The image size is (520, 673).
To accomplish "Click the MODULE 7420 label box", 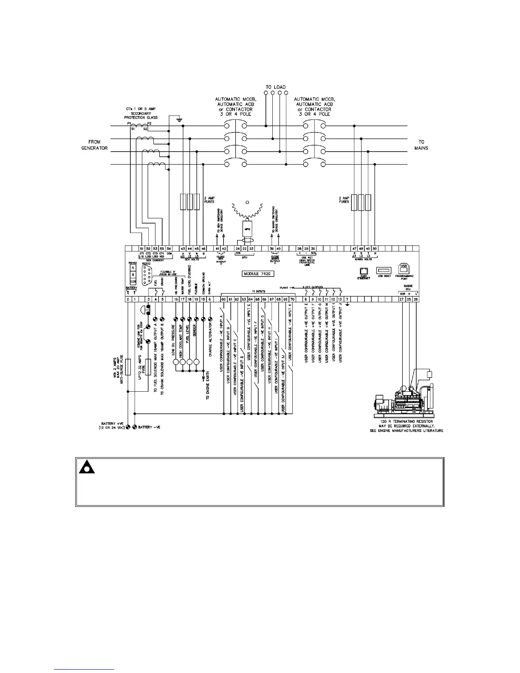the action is point(260,274).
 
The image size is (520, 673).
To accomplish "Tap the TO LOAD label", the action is point(276,87).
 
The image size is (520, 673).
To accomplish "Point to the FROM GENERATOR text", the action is point(95,145).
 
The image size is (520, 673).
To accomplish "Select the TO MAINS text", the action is point(421,145).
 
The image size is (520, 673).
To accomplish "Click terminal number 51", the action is point(142,249).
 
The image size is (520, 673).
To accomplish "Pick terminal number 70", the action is point(292,300).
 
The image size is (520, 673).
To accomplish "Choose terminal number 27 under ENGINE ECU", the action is point(401,300).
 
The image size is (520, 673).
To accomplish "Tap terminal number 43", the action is point(183,249).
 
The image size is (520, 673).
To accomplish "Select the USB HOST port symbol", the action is point(384,270).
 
